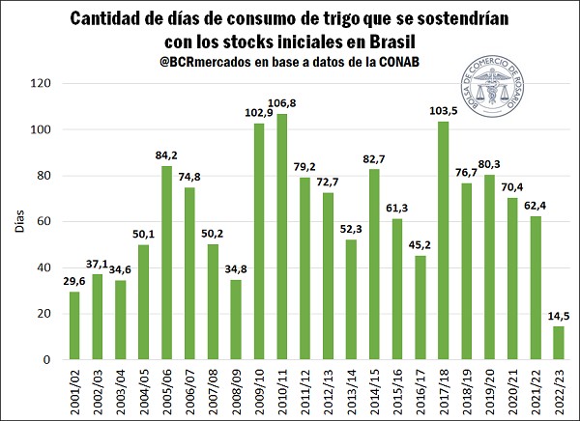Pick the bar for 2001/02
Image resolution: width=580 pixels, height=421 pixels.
[73, 325]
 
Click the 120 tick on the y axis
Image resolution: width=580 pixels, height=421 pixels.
[39, 83]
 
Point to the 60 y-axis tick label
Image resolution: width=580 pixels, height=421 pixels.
[43, 221]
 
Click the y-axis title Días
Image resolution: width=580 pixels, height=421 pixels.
[17, 221]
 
